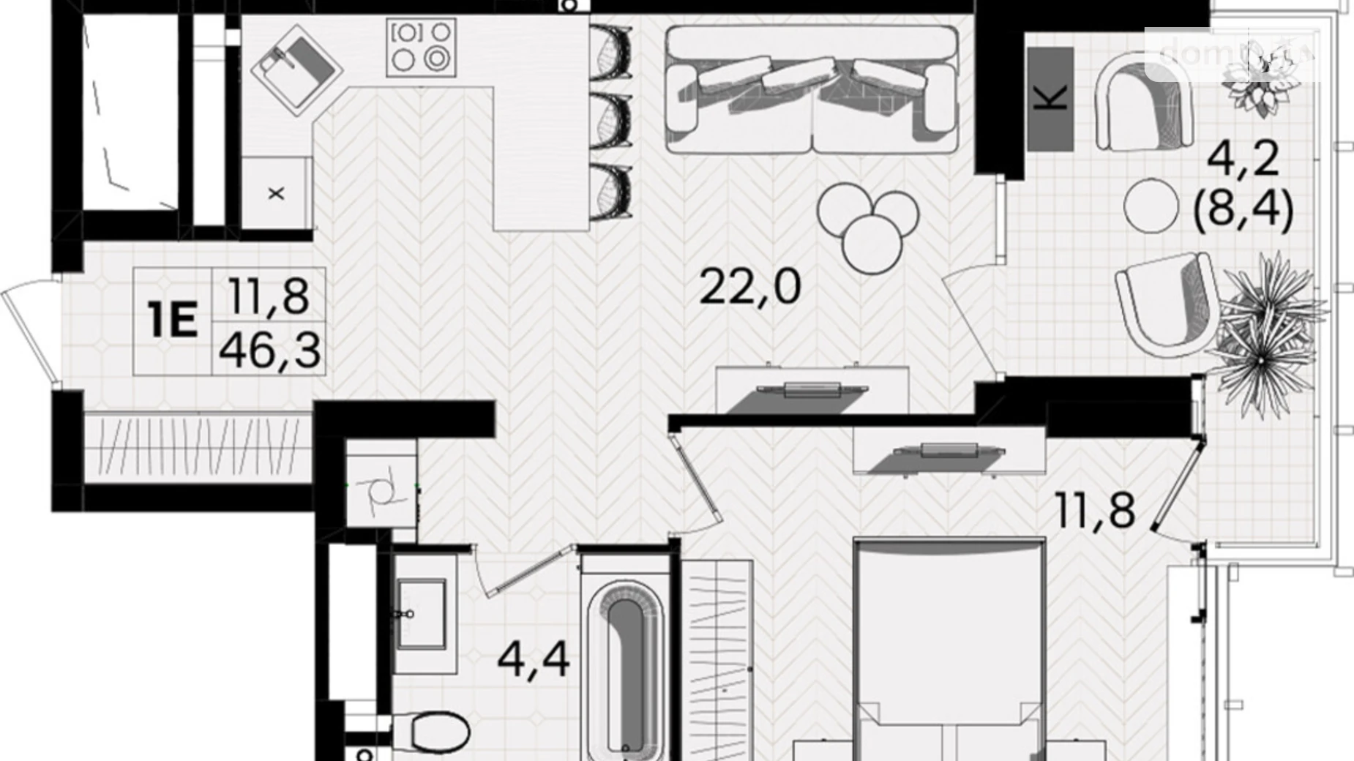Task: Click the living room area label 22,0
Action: pos(749,287)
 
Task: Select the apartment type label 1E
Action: pos(173,321)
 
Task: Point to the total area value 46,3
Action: pos(269,350)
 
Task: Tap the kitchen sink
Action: pos(296,70)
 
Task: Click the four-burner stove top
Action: pos(421,48)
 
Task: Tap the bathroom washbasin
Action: pos(422,613)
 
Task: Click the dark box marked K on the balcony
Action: pos(1050,99)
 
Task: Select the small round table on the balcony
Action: pos(1151,205)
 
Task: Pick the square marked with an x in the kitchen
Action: pos(276,194)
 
